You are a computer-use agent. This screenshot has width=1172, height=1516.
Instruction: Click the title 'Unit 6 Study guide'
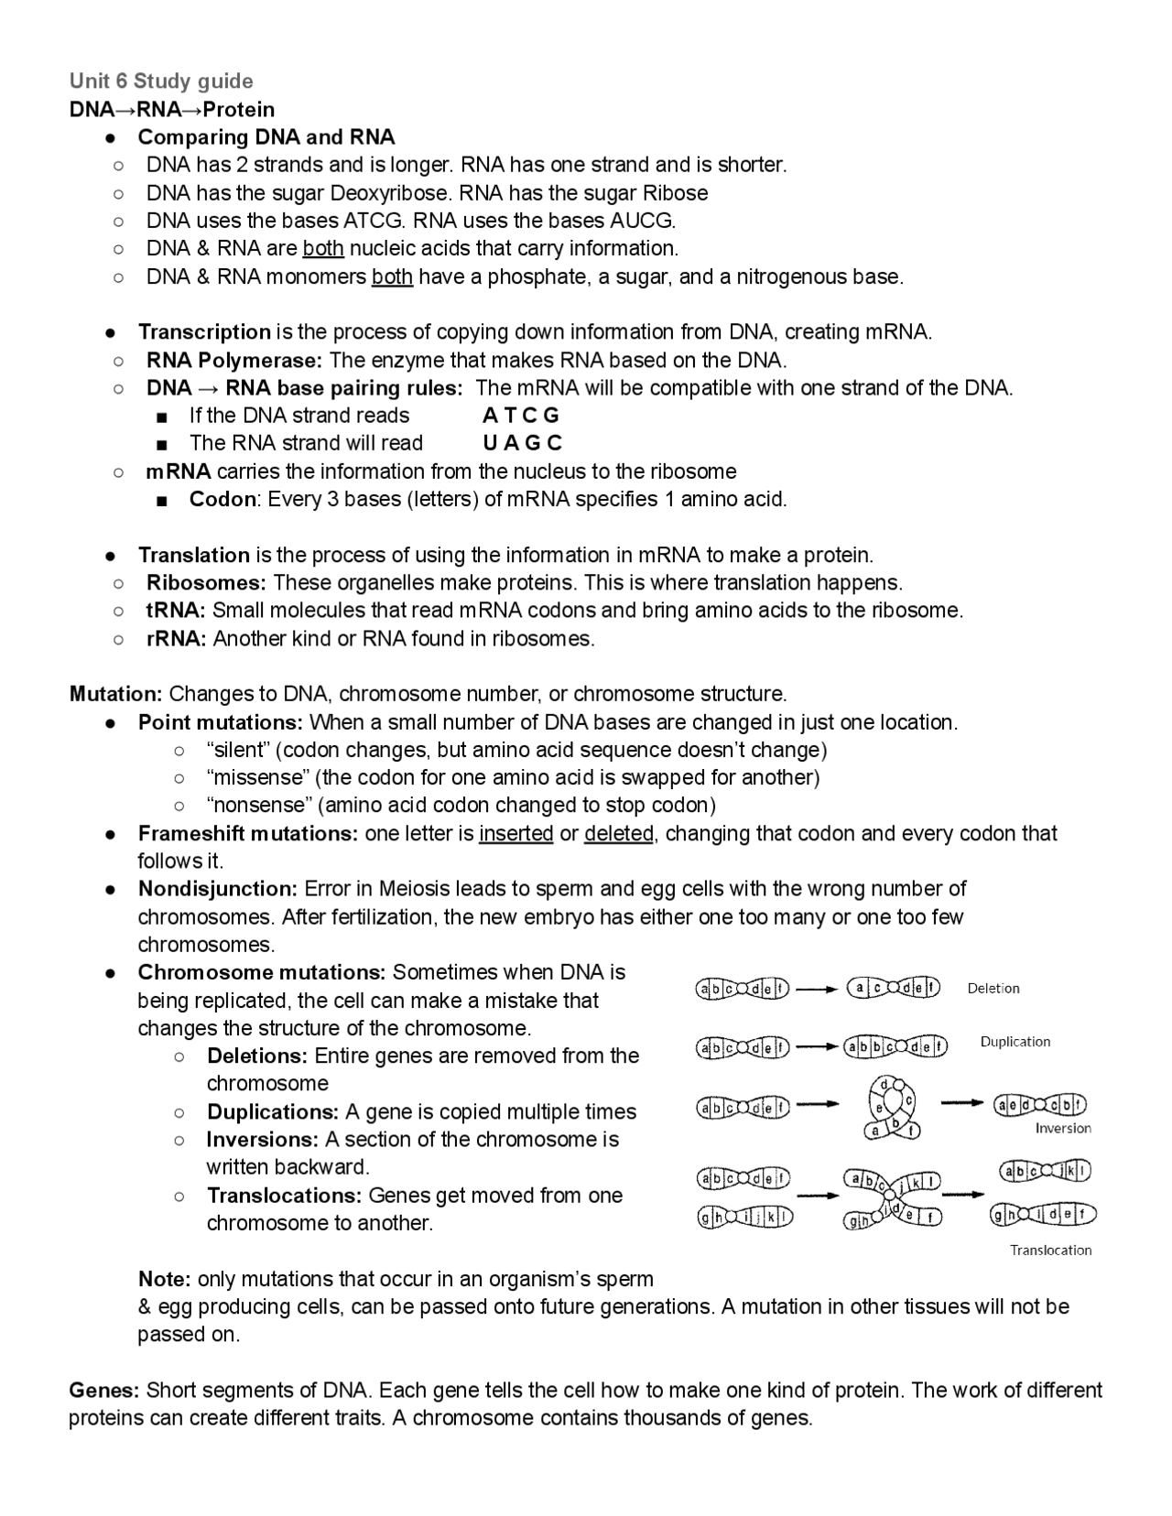[161, 81]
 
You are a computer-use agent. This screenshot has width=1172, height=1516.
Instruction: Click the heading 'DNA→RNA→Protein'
[172, 110]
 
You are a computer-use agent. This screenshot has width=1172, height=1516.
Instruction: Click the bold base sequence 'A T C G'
[521, 416]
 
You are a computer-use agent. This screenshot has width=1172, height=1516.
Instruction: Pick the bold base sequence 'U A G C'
[522, 443]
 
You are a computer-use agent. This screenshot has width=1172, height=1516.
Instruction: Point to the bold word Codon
[222, 499]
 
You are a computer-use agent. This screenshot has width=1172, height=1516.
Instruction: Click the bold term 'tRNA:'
[176, 611]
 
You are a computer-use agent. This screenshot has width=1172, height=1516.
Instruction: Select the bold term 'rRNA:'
[177, 639]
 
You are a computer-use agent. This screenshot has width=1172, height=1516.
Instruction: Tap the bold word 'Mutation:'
[116, 694]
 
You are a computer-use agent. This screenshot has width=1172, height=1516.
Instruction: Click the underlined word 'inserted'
[515, 834]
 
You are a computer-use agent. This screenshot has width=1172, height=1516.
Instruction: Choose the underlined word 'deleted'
[619, 834]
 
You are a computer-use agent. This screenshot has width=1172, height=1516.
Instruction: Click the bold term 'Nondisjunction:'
[218, 889]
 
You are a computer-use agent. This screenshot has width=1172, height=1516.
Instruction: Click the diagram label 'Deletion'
[993, 989]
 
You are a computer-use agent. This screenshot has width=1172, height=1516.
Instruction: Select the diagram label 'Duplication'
[1015, 1042]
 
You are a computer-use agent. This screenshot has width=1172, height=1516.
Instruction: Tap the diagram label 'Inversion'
[1063, 1129]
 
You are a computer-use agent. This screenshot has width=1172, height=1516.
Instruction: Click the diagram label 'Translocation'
[1050, 1251]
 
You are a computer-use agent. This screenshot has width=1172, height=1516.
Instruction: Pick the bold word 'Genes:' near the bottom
[104, 1391]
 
